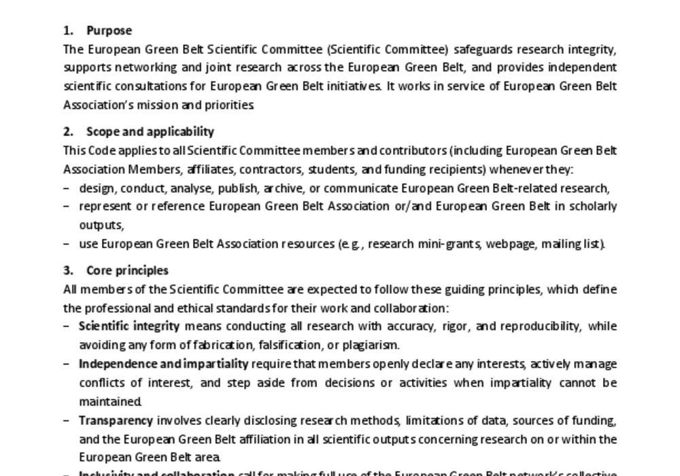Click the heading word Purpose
[x=109, y=31]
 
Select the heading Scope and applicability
[x=150, y=131]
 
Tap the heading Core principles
[x=127, y=270]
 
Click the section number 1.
[x=67, y=31]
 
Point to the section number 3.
[x=67, y=270]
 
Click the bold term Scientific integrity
[x=129, y=326]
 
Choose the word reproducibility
[x=540, y=326]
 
